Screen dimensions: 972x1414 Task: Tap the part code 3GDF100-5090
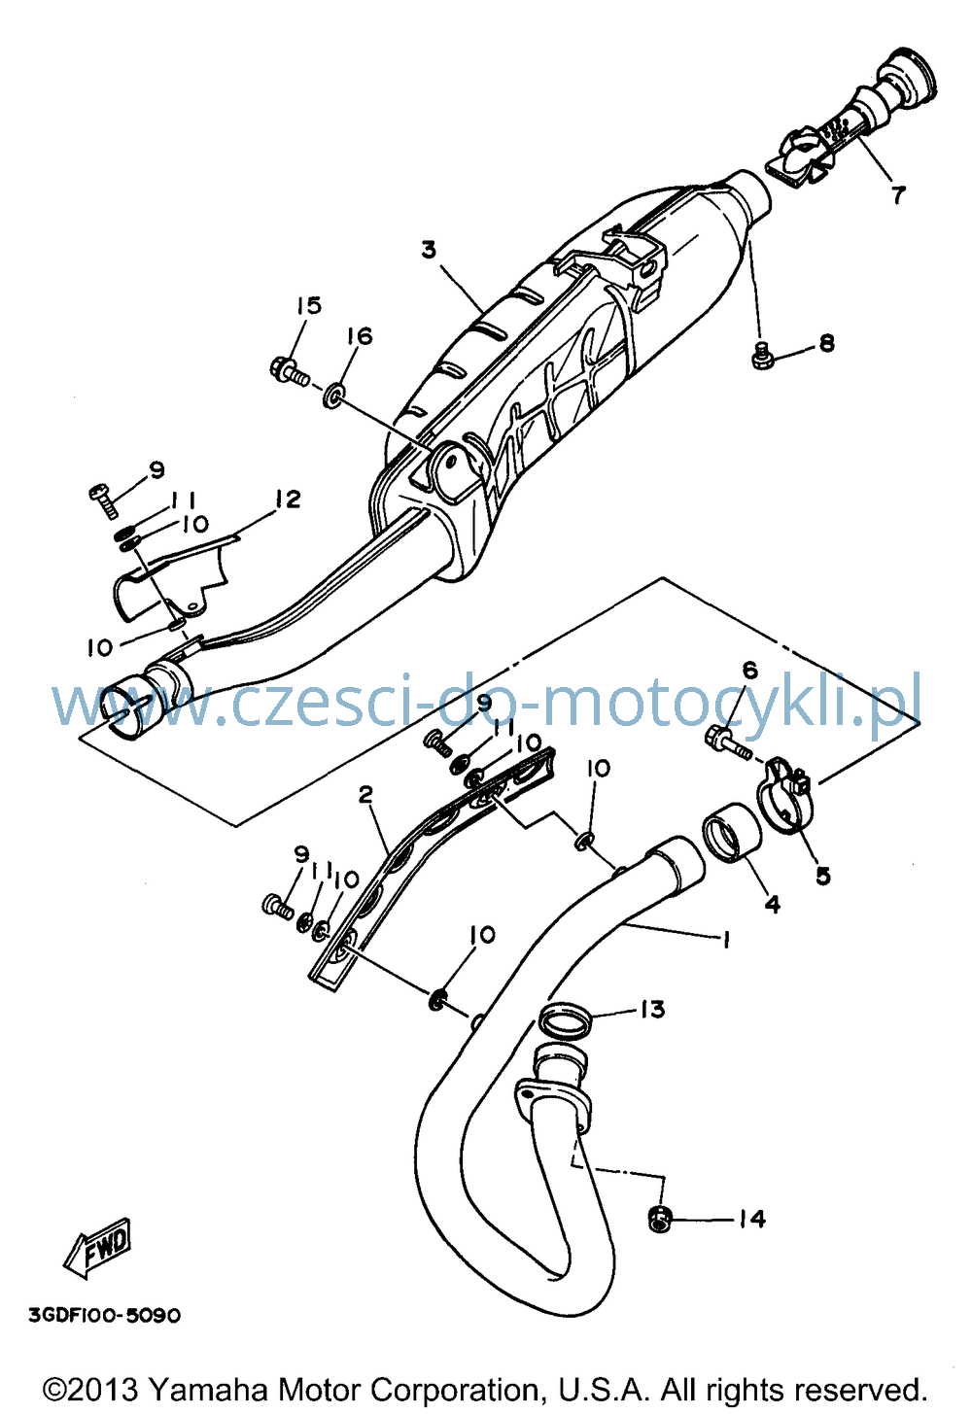(x=105, y=1316)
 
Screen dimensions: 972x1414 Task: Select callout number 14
(x=751, y=1219)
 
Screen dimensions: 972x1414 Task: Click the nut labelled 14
(x=660, y=1219)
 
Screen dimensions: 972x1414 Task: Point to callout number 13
(x=652, y=1010)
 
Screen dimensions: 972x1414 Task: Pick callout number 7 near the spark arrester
(x=897, y=193)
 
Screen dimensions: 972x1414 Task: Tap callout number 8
(x=827, y=343)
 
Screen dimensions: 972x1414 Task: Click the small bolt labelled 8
(x=762, y=356)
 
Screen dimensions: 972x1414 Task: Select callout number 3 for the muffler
(x=430, y=251)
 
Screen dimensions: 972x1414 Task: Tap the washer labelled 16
(x=334, y=397)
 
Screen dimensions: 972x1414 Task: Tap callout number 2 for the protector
(x=365, y=795)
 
